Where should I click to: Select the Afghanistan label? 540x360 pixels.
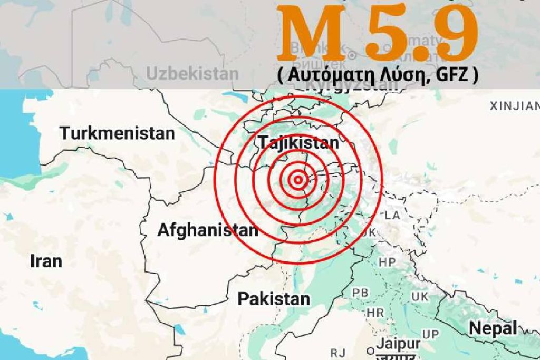coord(208,230)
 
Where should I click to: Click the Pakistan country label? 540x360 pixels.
coord(274,299)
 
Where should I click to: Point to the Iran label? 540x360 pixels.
coord(46,261)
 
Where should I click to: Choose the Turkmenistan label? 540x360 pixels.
coord(117,133)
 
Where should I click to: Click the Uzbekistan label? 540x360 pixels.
coord(192,74)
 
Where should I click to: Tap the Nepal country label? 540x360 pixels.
coord(493,328)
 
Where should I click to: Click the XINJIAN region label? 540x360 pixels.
coord(514,106)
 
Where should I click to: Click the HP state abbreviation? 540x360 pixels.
coord(387,262)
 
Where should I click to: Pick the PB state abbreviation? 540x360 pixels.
coord(360,293)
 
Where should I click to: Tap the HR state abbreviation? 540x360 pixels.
coord(375,313)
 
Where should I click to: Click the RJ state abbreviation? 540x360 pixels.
coord(337,352)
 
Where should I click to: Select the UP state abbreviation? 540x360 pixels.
coord(430,334)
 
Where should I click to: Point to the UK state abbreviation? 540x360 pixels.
coord(420,297)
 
